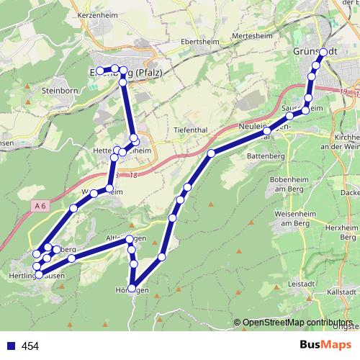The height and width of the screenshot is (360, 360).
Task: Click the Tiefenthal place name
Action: pyautogui.click(x=190, y=130)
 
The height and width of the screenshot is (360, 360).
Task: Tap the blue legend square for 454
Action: pyautogui.click(x=11, y=346)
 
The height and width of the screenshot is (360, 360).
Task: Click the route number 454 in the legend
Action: pyautogui.click(x=30, y=346)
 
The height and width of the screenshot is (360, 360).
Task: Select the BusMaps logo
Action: pyautogui.click(x=323, y=345)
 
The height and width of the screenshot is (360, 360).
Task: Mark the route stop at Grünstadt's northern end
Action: pyautogui.click(x=324, y=52)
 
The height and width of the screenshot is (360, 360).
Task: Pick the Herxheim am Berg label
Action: pyautogui.click(x=348, y=231)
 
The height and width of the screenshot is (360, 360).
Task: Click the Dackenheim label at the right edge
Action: pyautogui.click(x=351, y=193)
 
